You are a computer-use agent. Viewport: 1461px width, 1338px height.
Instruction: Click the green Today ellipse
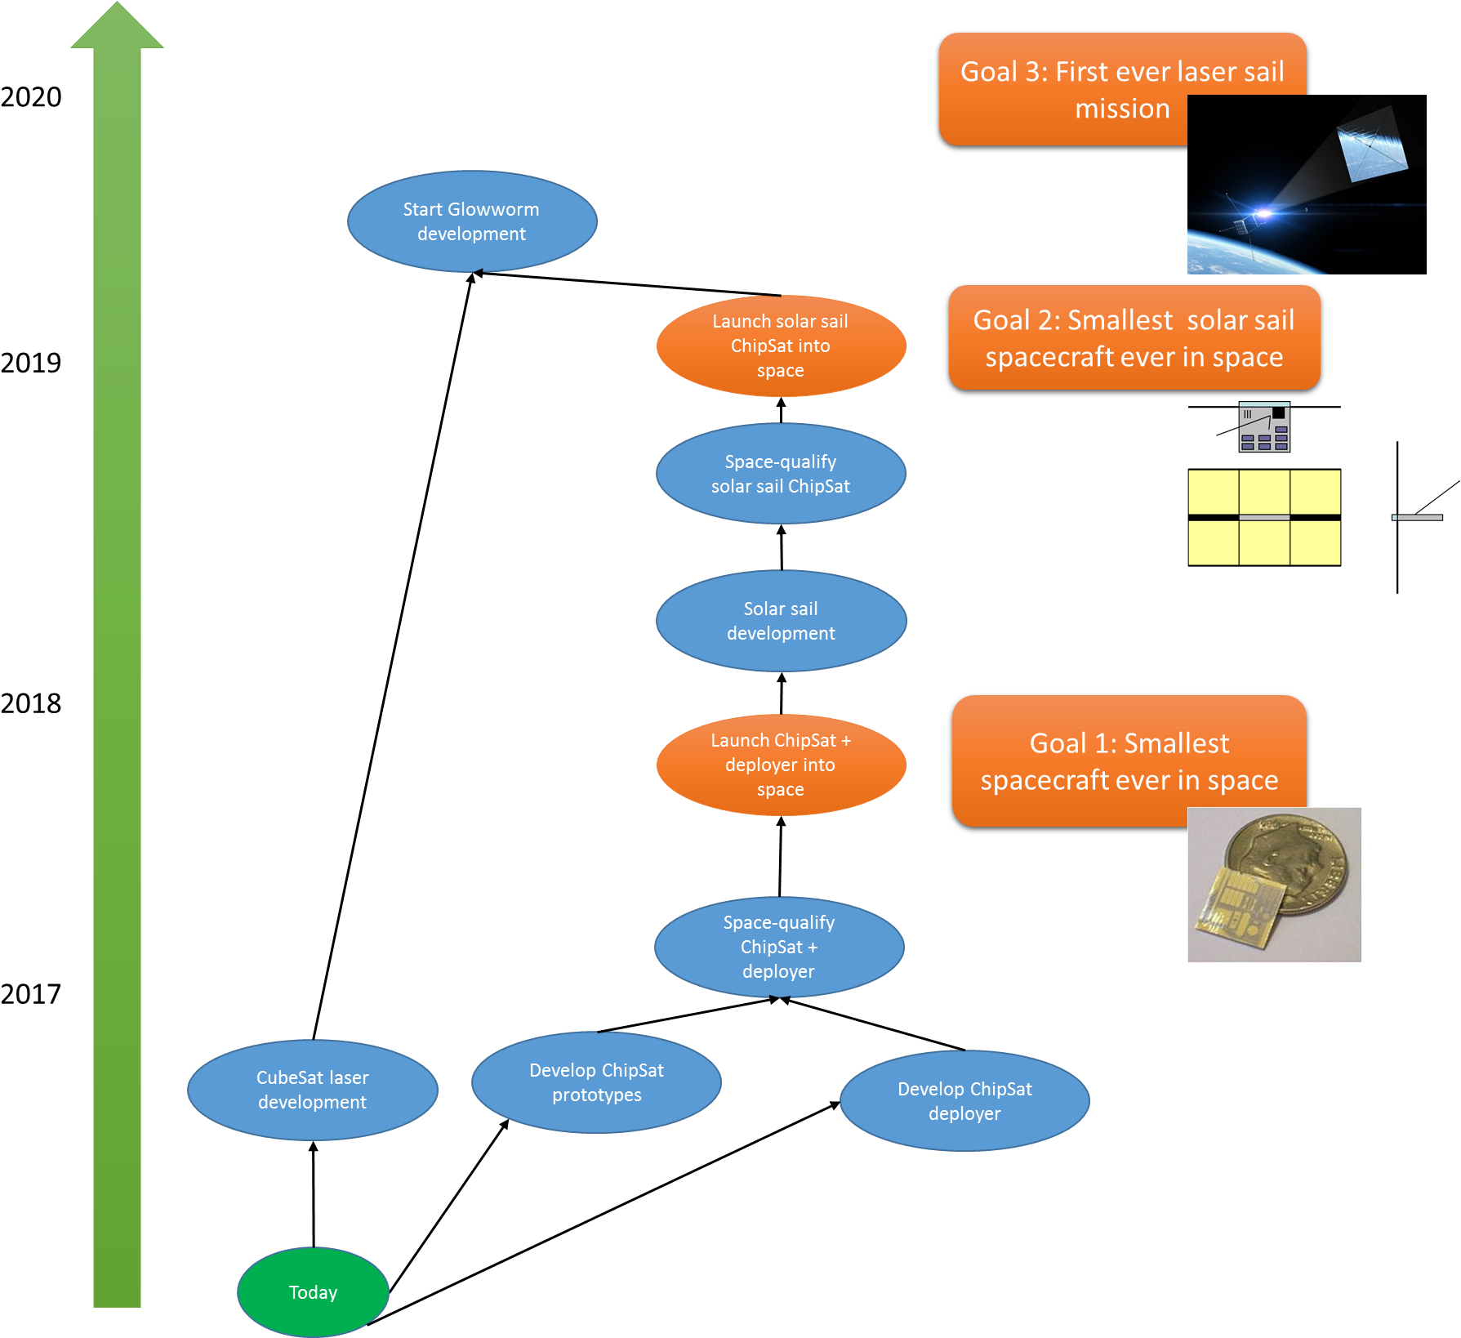313,1291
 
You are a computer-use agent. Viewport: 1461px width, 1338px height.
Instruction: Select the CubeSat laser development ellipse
313,1090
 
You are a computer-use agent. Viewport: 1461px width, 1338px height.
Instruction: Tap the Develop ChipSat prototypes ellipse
596,1082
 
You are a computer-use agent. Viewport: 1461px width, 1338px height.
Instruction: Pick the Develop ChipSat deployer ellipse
964,1100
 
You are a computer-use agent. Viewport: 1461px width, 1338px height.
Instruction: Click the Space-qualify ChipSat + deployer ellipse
779,947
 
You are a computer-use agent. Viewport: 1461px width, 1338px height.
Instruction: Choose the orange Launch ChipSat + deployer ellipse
781,765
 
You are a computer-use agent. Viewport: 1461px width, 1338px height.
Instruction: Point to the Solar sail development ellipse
781,621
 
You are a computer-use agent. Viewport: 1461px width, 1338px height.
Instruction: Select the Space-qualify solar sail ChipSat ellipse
781,474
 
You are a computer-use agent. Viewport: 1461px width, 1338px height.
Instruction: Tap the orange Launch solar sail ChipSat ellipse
781,346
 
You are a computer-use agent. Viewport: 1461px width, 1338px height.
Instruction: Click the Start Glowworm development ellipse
472,221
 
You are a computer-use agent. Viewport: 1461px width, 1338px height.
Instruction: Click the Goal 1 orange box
1129,760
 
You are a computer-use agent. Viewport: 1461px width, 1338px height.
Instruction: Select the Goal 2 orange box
1134,337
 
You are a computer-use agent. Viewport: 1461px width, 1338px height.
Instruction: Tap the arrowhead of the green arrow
117,28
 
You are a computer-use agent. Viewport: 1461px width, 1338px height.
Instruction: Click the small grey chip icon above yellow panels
1264,427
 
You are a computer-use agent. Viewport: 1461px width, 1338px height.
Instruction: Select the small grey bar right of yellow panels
1418,517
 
